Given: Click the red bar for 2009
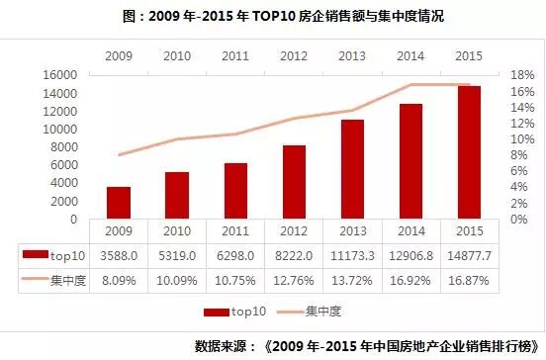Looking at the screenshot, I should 119,202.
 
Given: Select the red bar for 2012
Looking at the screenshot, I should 294,182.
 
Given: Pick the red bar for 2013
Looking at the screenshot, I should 353,169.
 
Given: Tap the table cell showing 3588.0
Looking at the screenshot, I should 120,255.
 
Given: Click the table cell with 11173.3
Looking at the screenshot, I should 353,255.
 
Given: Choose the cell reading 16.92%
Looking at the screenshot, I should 411,279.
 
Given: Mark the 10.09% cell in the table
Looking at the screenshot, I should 177,279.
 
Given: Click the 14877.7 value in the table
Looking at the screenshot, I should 470,255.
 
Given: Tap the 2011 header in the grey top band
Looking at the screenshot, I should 235,56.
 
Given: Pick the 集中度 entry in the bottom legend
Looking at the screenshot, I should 321,312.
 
